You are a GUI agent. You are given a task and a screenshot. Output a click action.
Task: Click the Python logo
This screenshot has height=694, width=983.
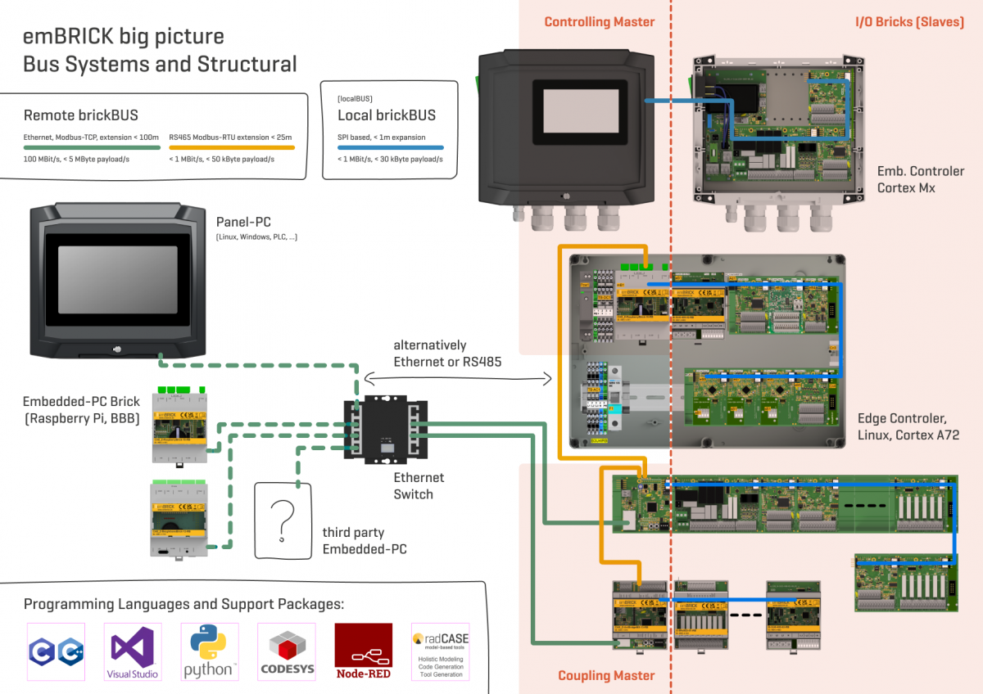click(x=210, y=651)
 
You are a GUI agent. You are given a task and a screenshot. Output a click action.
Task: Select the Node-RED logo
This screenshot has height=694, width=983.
click(x=363, y=651)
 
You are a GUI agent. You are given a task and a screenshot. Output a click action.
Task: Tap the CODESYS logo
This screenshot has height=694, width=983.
click(x=287, y=651)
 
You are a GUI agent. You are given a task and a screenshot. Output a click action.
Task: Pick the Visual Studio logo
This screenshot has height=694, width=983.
click(x=133, y=651)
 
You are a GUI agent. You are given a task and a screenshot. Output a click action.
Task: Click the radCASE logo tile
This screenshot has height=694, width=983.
click(x=441, y=651)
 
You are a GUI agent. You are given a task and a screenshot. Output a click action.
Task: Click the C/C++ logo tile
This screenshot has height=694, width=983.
click(x=56, y=651)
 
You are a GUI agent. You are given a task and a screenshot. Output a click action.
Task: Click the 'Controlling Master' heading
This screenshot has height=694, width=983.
click(x=600, y=22)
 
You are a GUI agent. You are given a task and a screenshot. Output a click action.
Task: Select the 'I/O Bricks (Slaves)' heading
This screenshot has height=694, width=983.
click(x=909, y=22)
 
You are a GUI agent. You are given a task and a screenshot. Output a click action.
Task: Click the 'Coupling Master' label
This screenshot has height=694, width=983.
click(x=606, y=675)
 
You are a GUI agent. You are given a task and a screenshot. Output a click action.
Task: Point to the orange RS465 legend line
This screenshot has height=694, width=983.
click(x=231, y=148)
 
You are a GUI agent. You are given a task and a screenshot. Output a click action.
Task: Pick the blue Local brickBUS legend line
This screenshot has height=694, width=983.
click(x=390, y=148)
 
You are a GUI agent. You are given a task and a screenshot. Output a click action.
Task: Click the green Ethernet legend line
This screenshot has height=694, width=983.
click(x=91, y=148)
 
